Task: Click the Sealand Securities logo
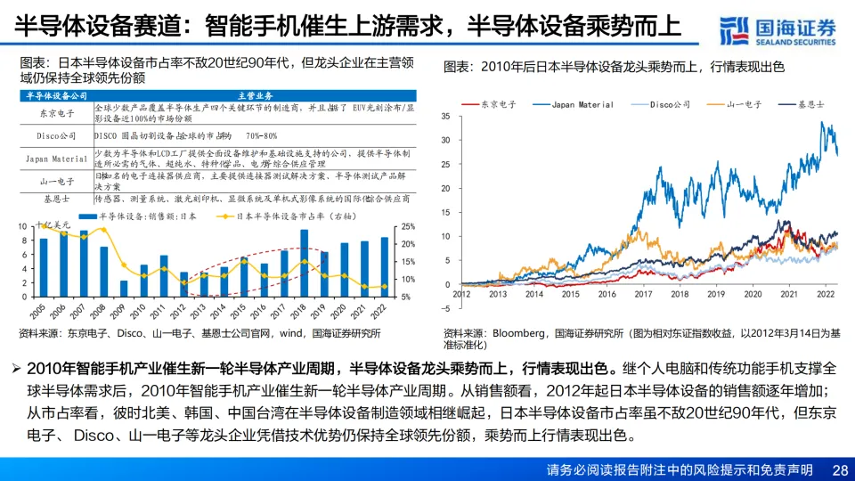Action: [x=779, y=30]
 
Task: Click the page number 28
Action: [x=839, y=469]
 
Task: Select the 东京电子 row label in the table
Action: [x=55, y=114]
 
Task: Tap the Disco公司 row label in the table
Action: [x=55, y=136]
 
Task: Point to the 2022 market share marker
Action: [x=385, y=287]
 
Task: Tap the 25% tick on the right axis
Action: [x=408, y=226]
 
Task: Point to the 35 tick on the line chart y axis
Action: [x=446, y=117]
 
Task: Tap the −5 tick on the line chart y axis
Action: [x=446, y=308]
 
